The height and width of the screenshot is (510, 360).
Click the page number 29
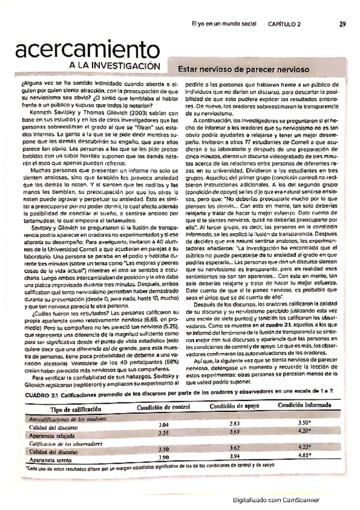pyautogui.click(x=341, y=25)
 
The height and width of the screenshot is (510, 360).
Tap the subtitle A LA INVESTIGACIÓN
pyautogui.click(x=114, y=65)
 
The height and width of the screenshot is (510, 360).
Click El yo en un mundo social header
pyautogui.click(x=228, y=25)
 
